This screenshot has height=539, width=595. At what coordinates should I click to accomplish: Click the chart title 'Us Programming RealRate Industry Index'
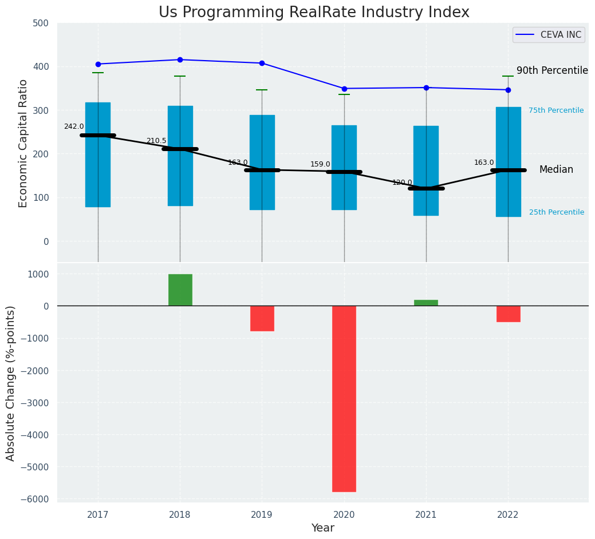tap(314, 13)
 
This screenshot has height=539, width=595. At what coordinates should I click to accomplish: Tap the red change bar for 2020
tap(344, 398)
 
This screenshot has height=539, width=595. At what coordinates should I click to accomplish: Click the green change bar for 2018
tap(180, 290)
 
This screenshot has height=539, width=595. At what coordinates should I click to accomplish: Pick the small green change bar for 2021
tap(426, 303)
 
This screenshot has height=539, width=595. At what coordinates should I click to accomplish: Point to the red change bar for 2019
tap(262, 318)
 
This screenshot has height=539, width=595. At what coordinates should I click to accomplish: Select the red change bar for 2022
tap(508, 314)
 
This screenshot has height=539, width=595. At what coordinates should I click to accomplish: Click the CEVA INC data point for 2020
tap(344, 89)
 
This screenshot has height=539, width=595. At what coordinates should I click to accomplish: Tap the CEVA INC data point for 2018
tap(180, 60)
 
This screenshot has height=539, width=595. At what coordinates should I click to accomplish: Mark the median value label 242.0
tap(74, 126)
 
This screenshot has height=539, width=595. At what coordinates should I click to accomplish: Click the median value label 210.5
tap(156, 141)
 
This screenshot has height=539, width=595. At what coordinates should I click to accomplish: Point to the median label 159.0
tap(320, 164)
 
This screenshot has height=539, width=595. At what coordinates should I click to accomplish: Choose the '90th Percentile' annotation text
tap(552, 70)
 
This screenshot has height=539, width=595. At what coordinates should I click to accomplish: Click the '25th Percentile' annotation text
tap(556, 212)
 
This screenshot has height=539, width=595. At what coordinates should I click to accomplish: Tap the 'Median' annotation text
tap(555, 169)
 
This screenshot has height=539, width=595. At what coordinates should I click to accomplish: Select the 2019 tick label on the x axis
tap(262, 515)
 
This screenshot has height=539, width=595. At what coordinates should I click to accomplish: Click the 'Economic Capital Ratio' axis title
tap(23, 143)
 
